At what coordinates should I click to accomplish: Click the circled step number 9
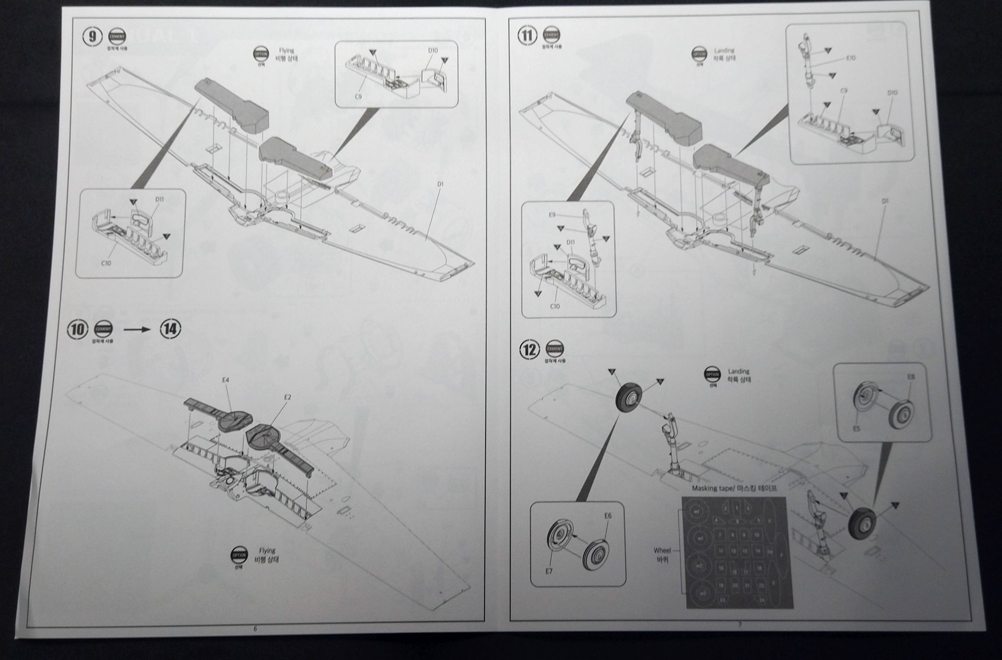92,36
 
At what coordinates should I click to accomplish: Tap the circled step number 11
527,35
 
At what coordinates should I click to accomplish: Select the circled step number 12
529,349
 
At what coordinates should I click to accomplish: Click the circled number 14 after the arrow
170,329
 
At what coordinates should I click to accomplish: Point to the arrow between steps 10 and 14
137,329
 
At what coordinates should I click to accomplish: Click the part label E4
225,380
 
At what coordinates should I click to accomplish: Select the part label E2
288,397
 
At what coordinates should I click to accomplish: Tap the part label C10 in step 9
106,263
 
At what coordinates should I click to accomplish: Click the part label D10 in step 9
433,51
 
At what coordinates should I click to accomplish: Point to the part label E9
552,215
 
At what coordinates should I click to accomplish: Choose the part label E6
607,515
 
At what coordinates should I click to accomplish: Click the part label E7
549,571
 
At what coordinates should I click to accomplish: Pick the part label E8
911,376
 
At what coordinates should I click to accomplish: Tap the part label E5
856,428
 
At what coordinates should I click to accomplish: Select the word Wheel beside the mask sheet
662,550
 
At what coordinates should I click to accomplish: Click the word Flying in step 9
287,51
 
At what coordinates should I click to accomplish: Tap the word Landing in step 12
738,371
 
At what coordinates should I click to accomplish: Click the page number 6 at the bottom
255,629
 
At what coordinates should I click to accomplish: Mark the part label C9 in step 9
358,97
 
